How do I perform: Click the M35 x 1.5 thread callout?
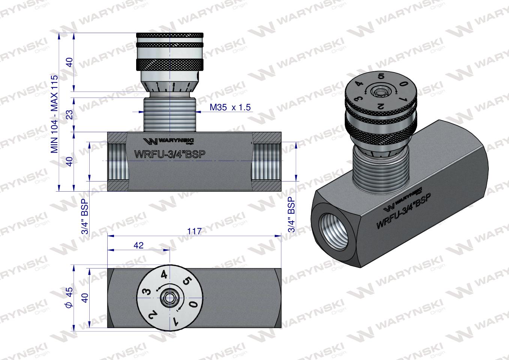click(230, 108)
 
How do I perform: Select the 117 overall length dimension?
click(194, 231)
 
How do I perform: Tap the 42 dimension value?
click(138, 245)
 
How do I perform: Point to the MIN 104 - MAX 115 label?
click(55, 114)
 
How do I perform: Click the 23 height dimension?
click(69, 114)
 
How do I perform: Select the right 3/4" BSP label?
click(291, 215)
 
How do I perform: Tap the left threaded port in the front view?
click(117, 161)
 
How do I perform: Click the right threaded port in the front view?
click(266, 161)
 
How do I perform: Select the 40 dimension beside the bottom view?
click(85, 298)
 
